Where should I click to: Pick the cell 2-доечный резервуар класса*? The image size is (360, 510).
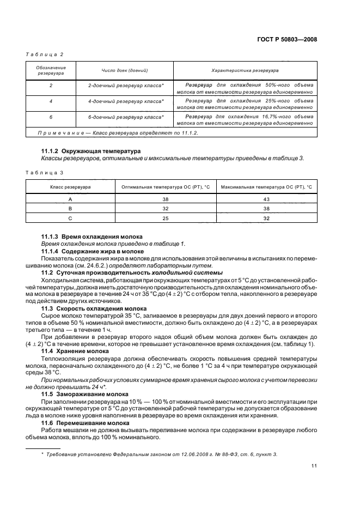pyautogui.click(x=126, y=86)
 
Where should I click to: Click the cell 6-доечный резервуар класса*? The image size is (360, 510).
pyautogui.click(x=126, y=117)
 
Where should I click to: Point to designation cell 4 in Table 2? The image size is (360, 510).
pyautogui.click(x=51, y=101)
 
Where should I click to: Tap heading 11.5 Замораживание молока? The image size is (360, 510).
pyautogui.click(x=85, y=393)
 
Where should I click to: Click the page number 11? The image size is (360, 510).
pyautogui.click(x=314, y=465)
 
